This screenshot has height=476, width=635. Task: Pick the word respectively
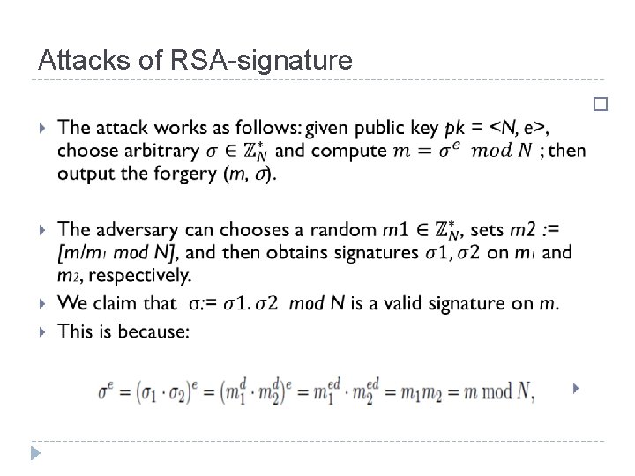click(123, 276)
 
